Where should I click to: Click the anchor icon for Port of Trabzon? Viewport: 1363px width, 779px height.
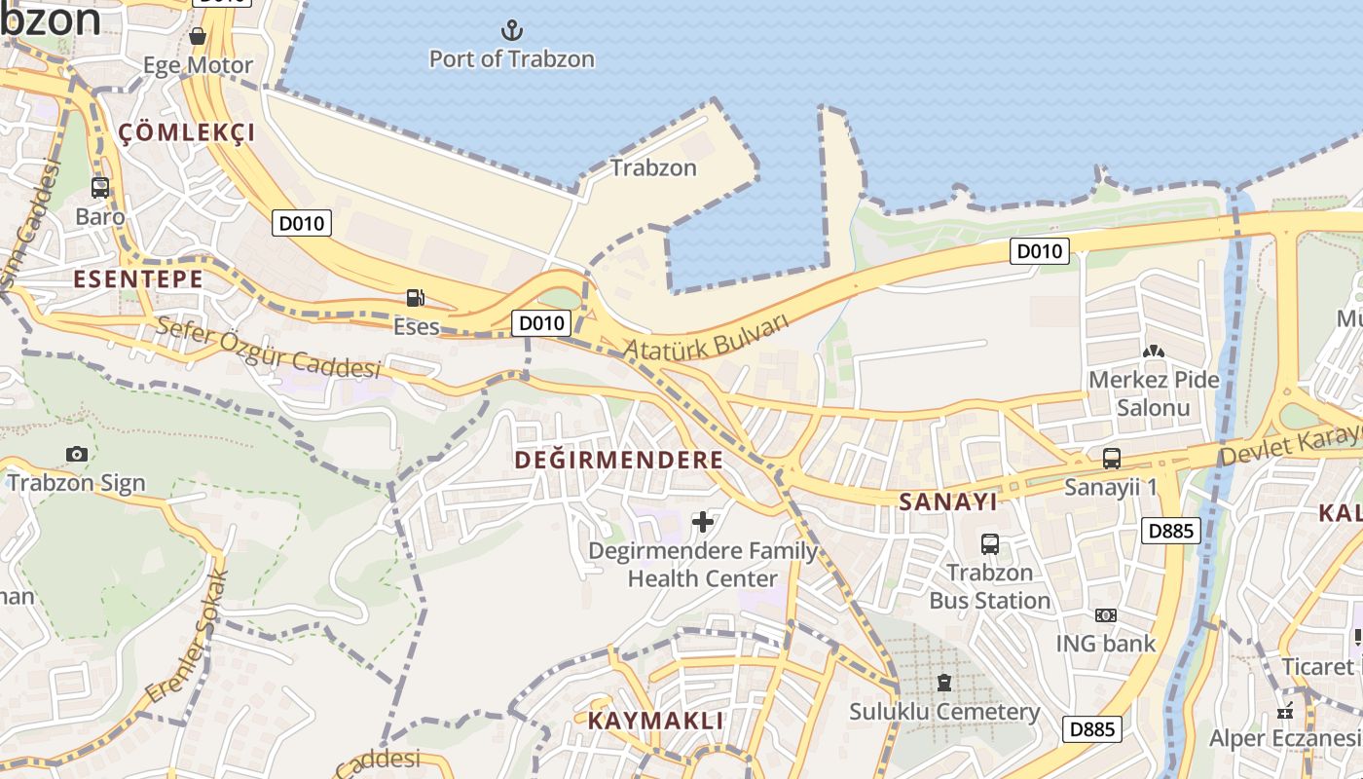pyautogui.click(x=511, y=30)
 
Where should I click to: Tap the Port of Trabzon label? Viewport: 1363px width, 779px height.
pyautogui.click(x=512, y=59)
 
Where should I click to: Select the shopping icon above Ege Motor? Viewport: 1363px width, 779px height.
pyautogui.click(x=198, y=37)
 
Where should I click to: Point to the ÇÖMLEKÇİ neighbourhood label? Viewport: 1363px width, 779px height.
pyautogui.click(x=187, y=133)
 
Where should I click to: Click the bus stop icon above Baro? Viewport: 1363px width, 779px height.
pyautogui.click(x=100, y=188)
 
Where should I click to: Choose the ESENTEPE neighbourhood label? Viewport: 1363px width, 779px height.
pyautogui.click(x=138, y=279)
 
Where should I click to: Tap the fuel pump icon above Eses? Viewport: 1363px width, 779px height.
pyautogui.click(x=416, y=297)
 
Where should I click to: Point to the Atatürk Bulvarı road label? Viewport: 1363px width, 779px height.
pyautogui.click(x=705, y=336)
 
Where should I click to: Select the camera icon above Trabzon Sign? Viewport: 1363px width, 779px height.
pyautogui.click(x=77, y=454)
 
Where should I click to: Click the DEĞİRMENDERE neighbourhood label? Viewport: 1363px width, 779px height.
pyautogui.click(x=619, y=460)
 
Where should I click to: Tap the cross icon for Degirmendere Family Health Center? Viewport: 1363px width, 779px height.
pyautogui.click(x=703, y=522)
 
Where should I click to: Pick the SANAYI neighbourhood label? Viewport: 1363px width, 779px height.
pyautogui.click(x=948, y=501)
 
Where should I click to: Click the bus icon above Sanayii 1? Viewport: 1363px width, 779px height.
pyautogui.click(x=1111, y=458)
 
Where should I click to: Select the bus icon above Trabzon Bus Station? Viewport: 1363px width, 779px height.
pyautogui.click(x=990, y=544)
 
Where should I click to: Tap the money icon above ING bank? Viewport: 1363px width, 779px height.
pyautogui.click(x=1105, y=615)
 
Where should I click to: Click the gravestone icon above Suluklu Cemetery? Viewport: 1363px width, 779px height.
pyautogui.click(x=943, y=683)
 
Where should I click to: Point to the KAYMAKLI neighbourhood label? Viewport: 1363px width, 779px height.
pyautogui.click(x=655, y=722)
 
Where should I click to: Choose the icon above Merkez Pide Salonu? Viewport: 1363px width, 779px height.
pyautogui.click(x=1154, y=351)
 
